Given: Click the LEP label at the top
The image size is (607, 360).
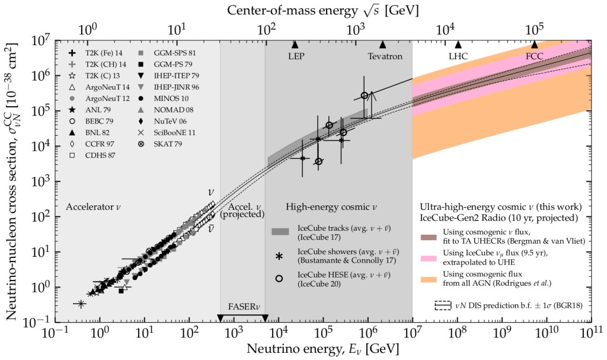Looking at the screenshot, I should click(295, 56).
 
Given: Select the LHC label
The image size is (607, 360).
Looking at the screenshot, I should click(458, 56).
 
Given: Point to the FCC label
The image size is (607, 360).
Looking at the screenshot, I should click(535, 56).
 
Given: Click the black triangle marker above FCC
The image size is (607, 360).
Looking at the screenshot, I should click(534, 44).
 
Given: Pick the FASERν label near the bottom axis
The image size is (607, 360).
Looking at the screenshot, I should click(243, 307).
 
